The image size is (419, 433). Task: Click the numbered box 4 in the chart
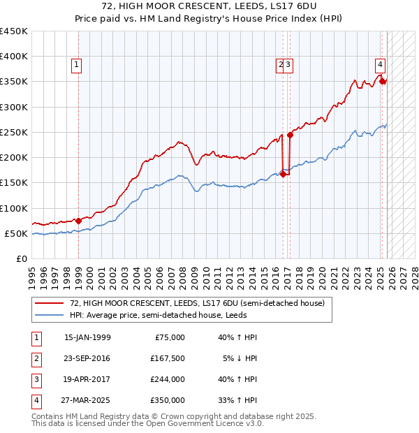point(380,66)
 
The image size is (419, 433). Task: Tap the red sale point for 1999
point(78,221)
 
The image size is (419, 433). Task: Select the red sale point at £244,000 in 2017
point(290,135)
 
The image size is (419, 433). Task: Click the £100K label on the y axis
point(14,208)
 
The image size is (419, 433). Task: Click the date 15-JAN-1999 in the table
point(87,337)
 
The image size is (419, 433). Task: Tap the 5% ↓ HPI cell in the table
point(240,358)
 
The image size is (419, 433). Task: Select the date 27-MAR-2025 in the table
point(87,401)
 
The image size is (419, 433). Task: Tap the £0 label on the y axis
point(21,258)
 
